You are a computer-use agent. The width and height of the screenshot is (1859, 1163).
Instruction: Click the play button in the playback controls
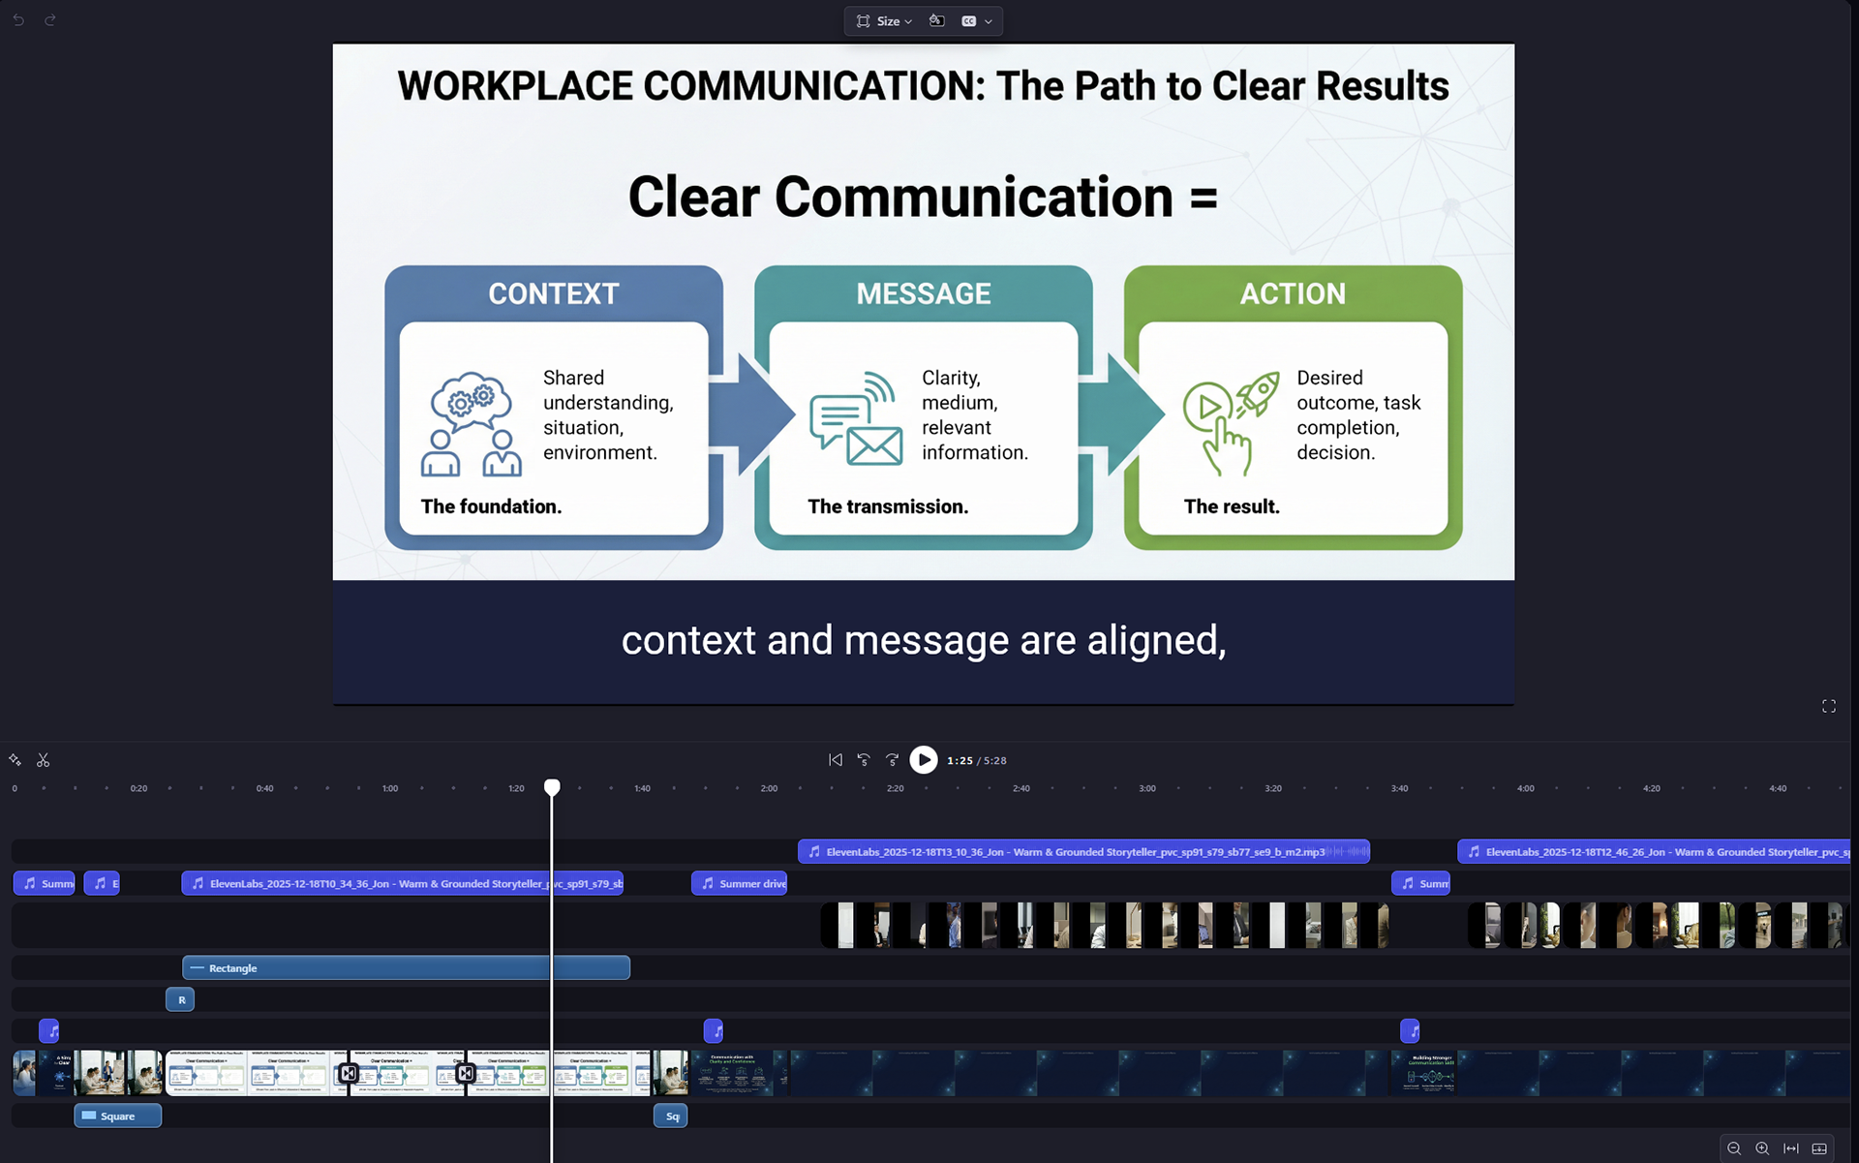point(924,760)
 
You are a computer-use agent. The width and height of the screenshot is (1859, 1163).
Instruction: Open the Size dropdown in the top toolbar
point(885,21)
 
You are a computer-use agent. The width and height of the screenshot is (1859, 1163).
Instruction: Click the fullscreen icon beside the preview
point(1828,706)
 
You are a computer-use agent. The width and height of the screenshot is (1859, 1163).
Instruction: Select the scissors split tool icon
point(44,760)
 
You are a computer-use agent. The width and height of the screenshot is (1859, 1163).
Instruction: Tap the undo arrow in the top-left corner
point(18,19)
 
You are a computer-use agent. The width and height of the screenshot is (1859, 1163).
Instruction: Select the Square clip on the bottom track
point(118,1116)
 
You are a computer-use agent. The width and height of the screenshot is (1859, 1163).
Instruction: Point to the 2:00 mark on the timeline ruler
point(769,788)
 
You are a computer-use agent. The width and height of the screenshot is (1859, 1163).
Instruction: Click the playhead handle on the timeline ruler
point(552,786)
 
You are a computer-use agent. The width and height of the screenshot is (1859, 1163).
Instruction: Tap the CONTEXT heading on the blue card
point(553,293)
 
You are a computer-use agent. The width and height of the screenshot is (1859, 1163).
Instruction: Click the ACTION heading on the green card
point(1293,293)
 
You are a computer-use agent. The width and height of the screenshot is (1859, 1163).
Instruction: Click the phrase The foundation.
point(491,506)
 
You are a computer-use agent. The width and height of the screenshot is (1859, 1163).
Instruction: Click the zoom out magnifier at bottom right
point(1734,1148)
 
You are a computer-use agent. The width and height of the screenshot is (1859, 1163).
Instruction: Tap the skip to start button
point(835,760)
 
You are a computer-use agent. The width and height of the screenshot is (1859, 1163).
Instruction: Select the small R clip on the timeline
point(180,999)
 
